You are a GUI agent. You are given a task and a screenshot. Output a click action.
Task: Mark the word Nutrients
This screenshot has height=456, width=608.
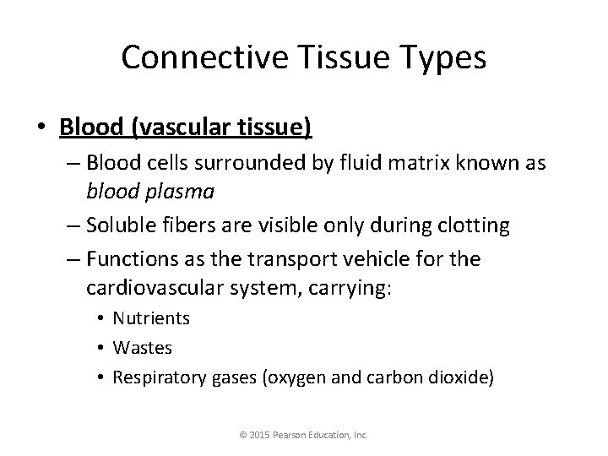pos(151,318)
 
